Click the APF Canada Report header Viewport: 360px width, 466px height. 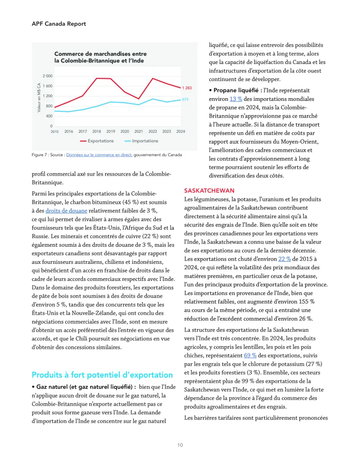point(59,23)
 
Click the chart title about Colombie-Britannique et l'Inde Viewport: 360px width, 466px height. point(100,57)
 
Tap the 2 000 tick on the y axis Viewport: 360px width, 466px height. point(48,76)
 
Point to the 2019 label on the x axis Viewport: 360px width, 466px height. point(111,131)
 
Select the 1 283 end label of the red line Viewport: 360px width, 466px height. point(187,88)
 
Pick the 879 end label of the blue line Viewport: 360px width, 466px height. point(185,99)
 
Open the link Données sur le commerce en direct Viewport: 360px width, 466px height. point(99,155)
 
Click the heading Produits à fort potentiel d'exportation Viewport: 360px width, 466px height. point(102,375)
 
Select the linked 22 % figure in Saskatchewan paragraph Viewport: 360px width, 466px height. point(284,258)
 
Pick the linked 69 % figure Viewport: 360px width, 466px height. point(250,355)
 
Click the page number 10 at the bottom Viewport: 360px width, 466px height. point(180,445)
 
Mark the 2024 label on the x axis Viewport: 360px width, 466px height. point(180,131)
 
